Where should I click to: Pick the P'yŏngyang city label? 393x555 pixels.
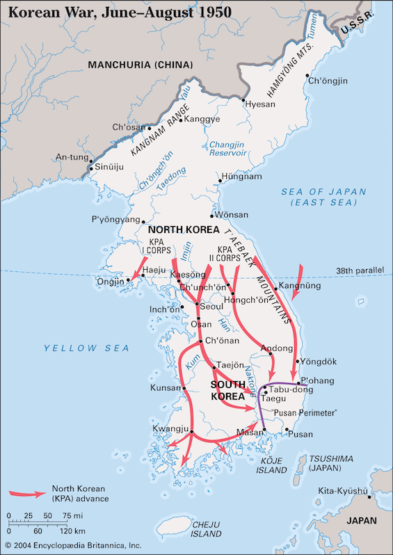point(119,219)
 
